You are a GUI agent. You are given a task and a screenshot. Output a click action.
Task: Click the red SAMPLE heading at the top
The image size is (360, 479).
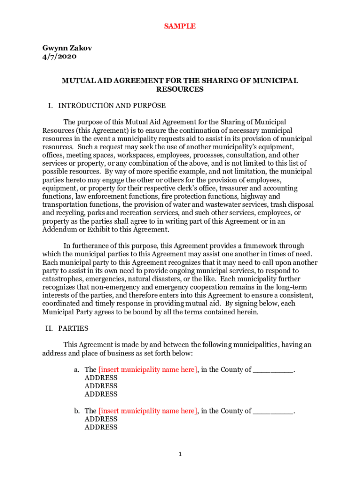(180, 26)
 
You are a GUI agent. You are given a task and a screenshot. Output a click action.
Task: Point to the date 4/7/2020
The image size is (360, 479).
(59, 57)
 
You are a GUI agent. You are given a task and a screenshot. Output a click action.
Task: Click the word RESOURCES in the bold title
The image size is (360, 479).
(180, 89)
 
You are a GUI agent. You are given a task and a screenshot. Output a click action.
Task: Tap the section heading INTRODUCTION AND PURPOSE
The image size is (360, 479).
(112, 106)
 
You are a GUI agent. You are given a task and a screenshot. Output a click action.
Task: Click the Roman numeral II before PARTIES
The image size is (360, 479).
(49, 328)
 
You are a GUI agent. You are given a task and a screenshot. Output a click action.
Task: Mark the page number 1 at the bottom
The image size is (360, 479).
(180, 454)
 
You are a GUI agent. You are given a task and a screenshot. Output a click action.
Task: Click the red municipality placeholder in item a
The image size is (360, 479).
(148, 370)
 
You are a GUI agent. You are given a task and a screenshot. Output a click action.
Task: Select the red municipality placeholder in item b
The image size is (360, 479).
(148, 411)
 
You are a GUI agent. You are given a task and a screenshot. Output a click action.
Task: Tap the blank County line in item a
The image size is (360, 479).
(273, 370)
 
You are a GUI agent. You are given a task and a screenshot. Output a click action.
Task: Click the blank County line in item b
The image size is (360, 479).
(273, 411)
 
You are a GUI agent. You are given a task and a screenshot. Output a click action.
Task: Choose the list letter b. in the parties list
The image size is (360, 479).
(77, 411)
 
